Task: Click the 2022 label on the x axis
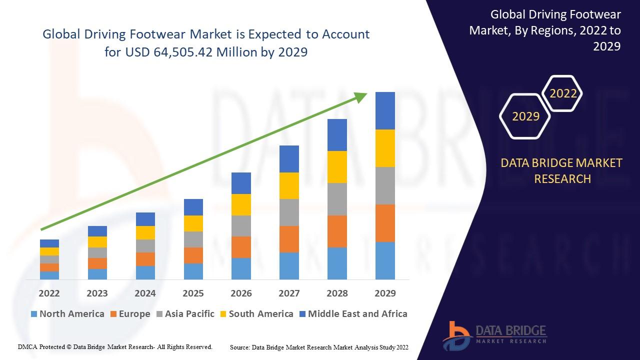pos(49,293)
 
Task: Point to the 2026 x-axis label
pos(241,293)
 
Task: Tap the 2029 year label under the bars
pos(385,293)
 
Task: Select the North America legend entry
pos(67,314)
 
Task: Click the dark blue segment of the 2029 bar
pos(385,110)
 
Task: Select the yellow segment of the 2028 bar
pos(337,167)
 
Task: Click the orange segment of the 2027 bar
pos(289,239)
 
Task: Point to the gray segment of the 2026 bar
pos(241,226)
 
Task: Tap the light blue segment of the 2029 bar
pos(385,260)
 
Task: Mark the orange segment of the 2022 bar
pos(49,267)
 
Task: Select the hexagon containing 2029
pos(525,116)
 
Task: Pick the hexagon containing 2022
pos(563,93)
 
